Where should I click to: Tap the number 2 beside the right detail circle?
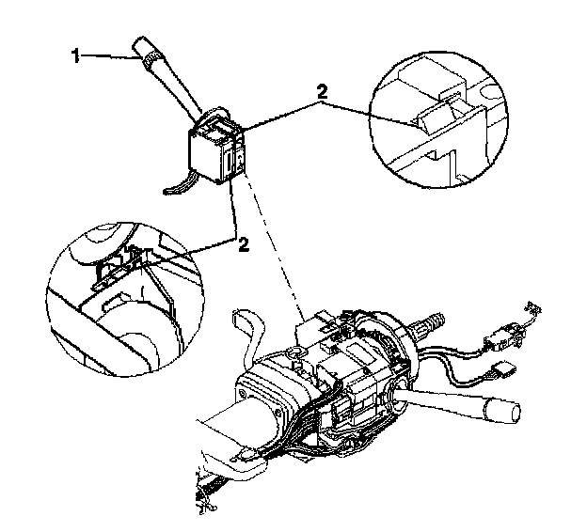(322, 93)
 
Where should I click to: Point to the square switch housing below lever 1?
(212, 150)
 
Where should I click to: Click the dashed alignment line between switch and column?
(273, 244)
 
